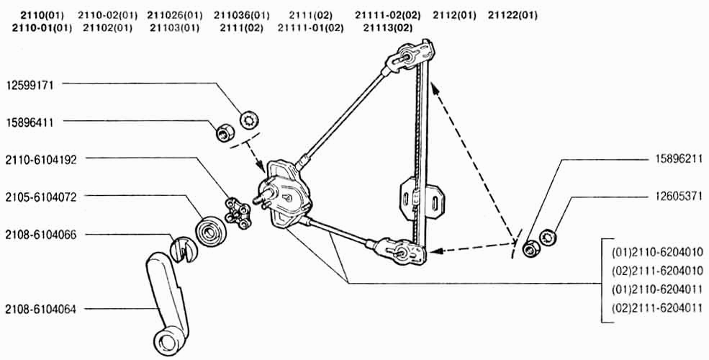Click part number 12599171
tap(30, 85)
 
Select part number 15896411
tap(30, 122)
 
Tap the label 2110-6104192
tap(41, 160)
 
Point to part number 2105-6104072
tap(41, 197)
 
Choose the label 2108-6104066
tap(41, 235)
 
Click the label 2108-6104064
tap(41, 310)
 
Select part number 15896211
tap(679, 159)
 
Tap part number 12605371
tap(679, 197)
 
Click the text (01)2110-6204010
tap(657, 252)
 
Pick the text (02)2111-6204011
tap(657, 308)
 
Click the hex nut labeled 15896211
tap(529, 249)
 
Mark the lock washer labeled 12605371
tap(548, 237)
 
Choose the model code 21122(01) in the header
tap(512, 15)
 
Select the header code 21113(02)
tap(388, 28)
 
